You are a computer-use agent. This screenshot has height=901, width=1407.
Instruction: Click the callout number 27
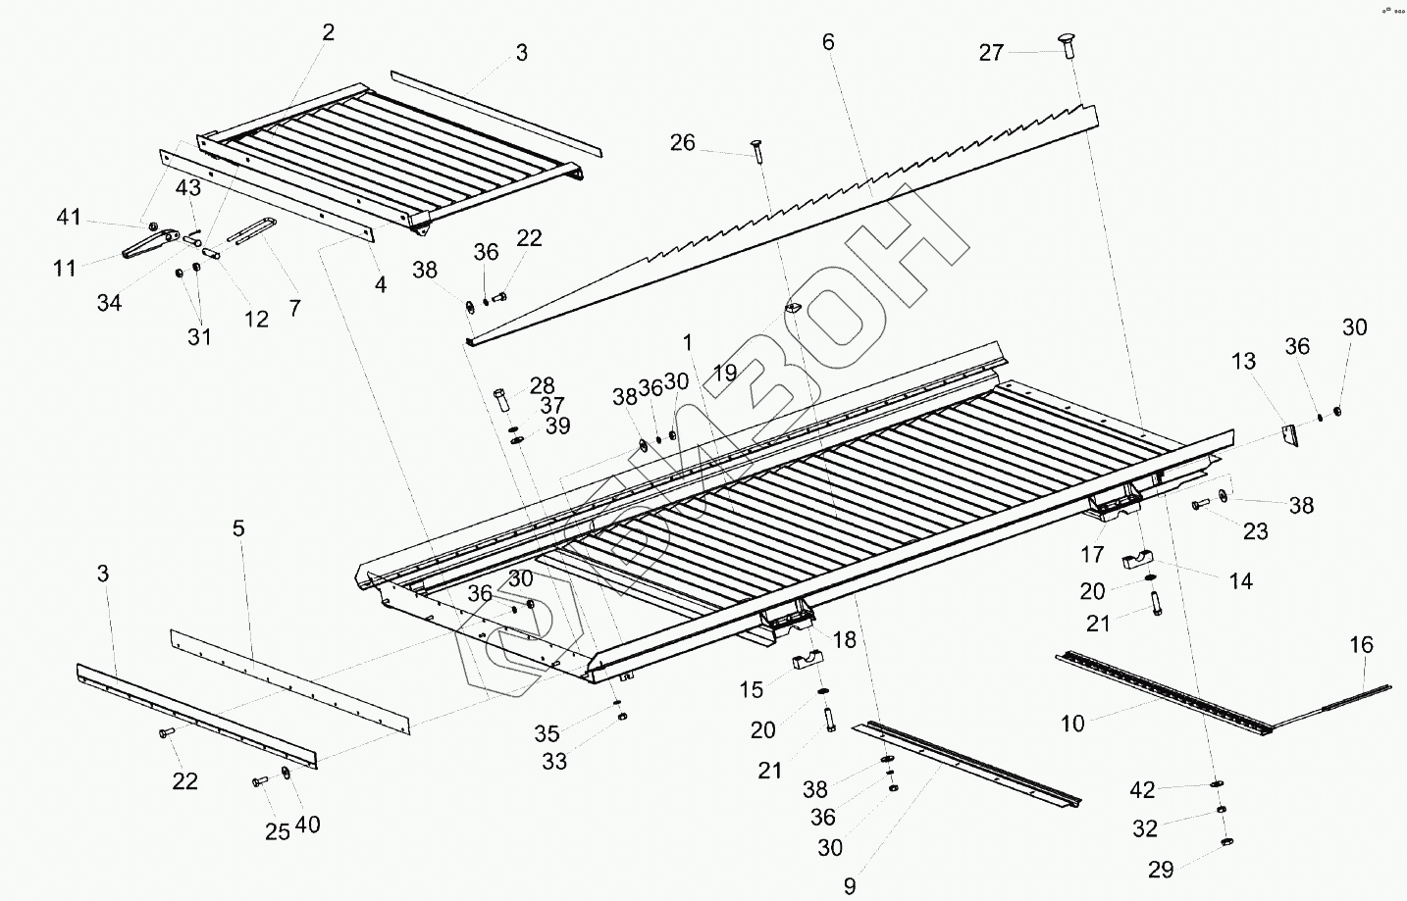tap(991, 52)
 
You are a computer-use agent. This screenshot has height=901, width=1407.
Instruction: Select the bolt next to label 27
tap(1067, 44)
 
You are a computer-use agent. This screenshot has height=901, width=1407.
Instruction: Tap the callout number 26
tap(682, 143)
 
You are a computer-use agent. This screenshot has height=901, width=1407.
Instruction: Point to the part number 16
tap(1361, 644)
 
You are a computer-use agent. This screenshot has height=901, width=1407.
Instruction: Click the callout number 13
tap(1243, 361)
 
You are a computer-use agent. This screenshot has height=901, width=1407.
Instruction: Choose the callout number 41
tap(68, 217)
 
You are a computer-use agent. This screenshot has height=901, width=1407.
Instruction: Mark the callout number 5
tap(238, 529)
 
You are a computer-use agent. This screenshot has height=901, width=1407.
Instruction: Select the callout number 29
tap(1161, 869)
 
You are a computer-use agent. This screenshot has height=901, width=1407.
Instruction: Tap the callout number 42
tap(1142, 789)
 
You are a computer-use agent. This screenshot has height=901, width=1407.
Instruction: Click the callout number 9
tap(850, 886)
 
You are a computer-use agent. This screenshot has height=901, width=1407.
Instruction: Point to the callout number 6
tap(828, 42)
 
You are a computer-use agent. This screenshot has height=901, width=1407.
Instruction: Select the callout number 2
tap(328, 32)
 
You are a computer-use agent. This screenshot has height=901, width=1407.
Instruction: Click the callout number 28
tap(542, 385)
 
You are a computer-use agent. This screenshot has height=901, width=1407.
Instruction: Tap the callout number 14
tap(1240, 581)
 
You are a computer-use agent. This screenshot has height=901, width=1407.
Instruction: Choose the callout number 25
tap(278, 831)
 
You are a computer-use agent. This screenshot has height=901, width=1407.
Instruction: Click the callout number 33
tap(554, 761)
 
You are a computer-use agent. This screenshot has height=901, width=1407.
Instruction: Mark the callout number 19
tap(725, 373)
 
